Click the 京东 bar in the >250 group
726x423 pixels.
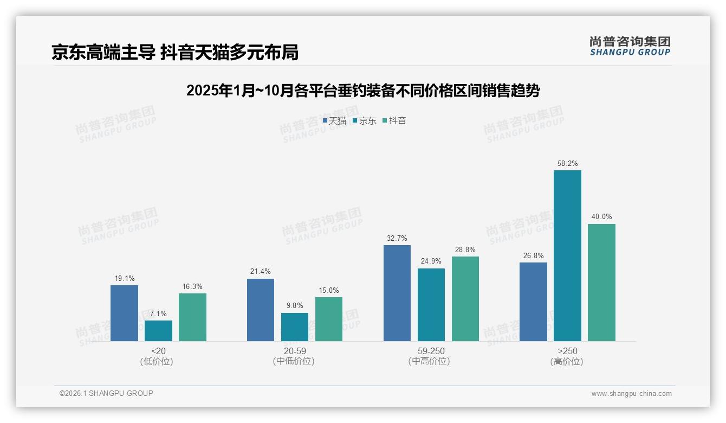pos(567,255)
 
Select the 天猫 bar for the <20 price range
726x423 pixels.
pos(124,313)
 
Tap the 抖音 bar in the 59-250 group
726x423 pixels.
pos(465,298)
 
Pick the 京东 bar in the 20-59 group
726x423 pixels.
pos(294,326)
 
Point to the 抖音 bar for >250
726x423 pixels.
pos(601,282)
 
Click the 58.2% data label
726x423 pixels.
pos(567,163)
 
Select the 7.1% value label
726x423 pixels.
pos(158,313)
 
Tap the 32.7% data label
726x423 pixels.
pos(397,238)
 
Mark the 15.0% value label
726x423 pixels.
pos(328,290)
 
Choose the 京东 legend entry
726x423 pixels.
pos(365,120)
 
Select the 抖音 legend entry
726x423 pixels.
pos(395,120)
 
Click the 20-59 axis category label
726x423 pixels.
pos(294,351)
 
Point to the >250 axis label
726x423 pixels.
pos(567,351)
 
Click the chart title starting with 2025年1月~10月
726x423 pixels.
pos(363,91)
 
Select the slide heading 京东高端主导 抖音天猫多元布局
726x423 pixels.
pos(175,52)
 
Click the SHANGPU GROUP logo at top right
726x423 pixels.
pos(630,46)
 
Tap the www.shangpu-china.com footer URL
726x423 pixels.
pos(631,394)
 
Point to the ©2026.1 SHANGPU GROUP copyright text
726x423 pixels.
pos(106,393)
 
